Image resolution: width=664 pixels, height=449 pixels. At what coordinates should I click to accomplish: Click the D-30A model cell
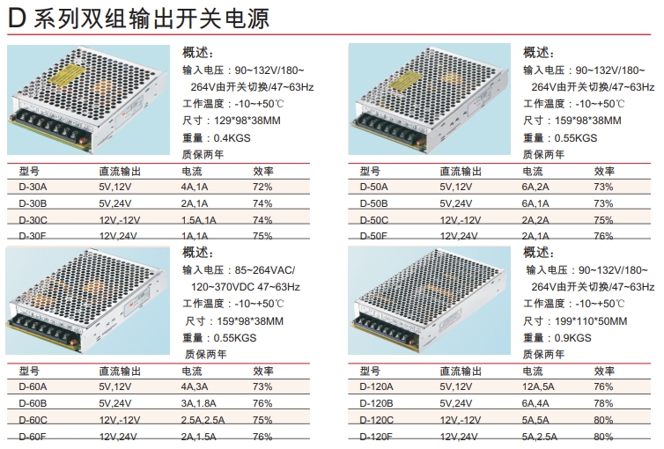(x=33, y=187)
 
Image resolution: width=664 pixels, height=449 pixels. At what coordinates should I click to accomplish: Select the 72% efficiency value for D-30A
(x=262, y=187)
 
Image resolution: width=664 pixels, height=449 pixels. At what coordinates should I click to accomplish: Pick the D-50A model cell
(x=374, y=187)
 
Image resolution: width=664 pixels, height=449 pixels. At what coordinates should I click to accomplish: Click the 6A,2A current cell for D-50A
(x=536, y=187)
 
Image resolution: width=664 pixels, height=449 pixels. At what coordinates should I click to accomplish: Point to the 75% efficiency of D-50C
(x=603, y=219)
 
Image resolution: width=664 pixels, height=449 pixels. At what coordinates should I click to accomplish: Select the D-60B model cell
(x=33, y=403)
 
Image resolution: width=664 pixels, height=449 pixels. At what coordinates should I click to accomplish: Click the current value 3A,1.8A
(x=199, y=403)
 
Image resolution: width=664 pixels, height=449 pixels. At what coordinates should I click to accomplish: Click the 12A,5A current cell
(x=539, y=386)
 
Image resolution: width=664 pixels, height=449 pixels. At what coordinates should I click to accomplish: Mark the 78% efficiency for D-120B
(x=603, y=403)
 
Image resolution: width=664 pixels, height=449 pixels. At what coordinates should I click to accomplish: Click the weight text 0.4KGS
(x=231, y=137)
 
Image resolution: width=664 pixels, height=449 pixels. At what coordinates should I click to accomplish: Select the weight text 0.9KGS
(x=573, y=337)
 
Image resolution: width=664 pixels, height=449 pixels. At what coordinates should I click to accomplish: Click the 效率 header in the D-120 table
(x=604, y=371)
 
